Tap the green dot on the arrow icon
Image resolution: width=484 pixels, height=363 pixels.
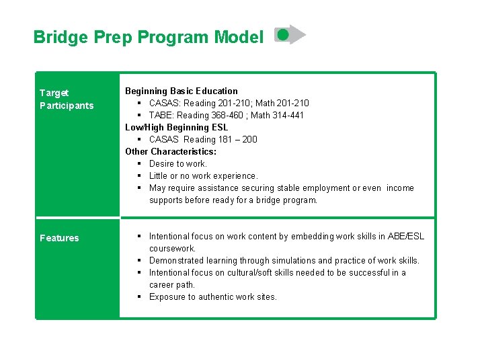[283, 33]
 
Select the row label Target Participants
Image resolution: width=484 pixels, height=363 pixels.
[67, 99]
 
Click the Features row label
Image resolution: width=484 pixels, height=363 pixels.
[59, 238]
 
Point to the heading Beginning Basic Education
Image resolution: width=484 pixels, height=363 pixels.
[182, 91]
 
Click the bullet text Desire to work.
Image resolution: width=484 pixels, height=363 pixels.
[178, 163]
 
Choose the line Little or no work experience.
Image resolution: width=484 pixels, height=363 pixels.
[203, 175]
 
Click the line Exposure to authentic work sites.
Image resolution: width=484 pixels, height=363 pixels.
[212, 296]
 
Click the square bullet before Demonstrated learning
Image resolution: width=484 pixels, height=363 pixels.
[138, 260]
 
